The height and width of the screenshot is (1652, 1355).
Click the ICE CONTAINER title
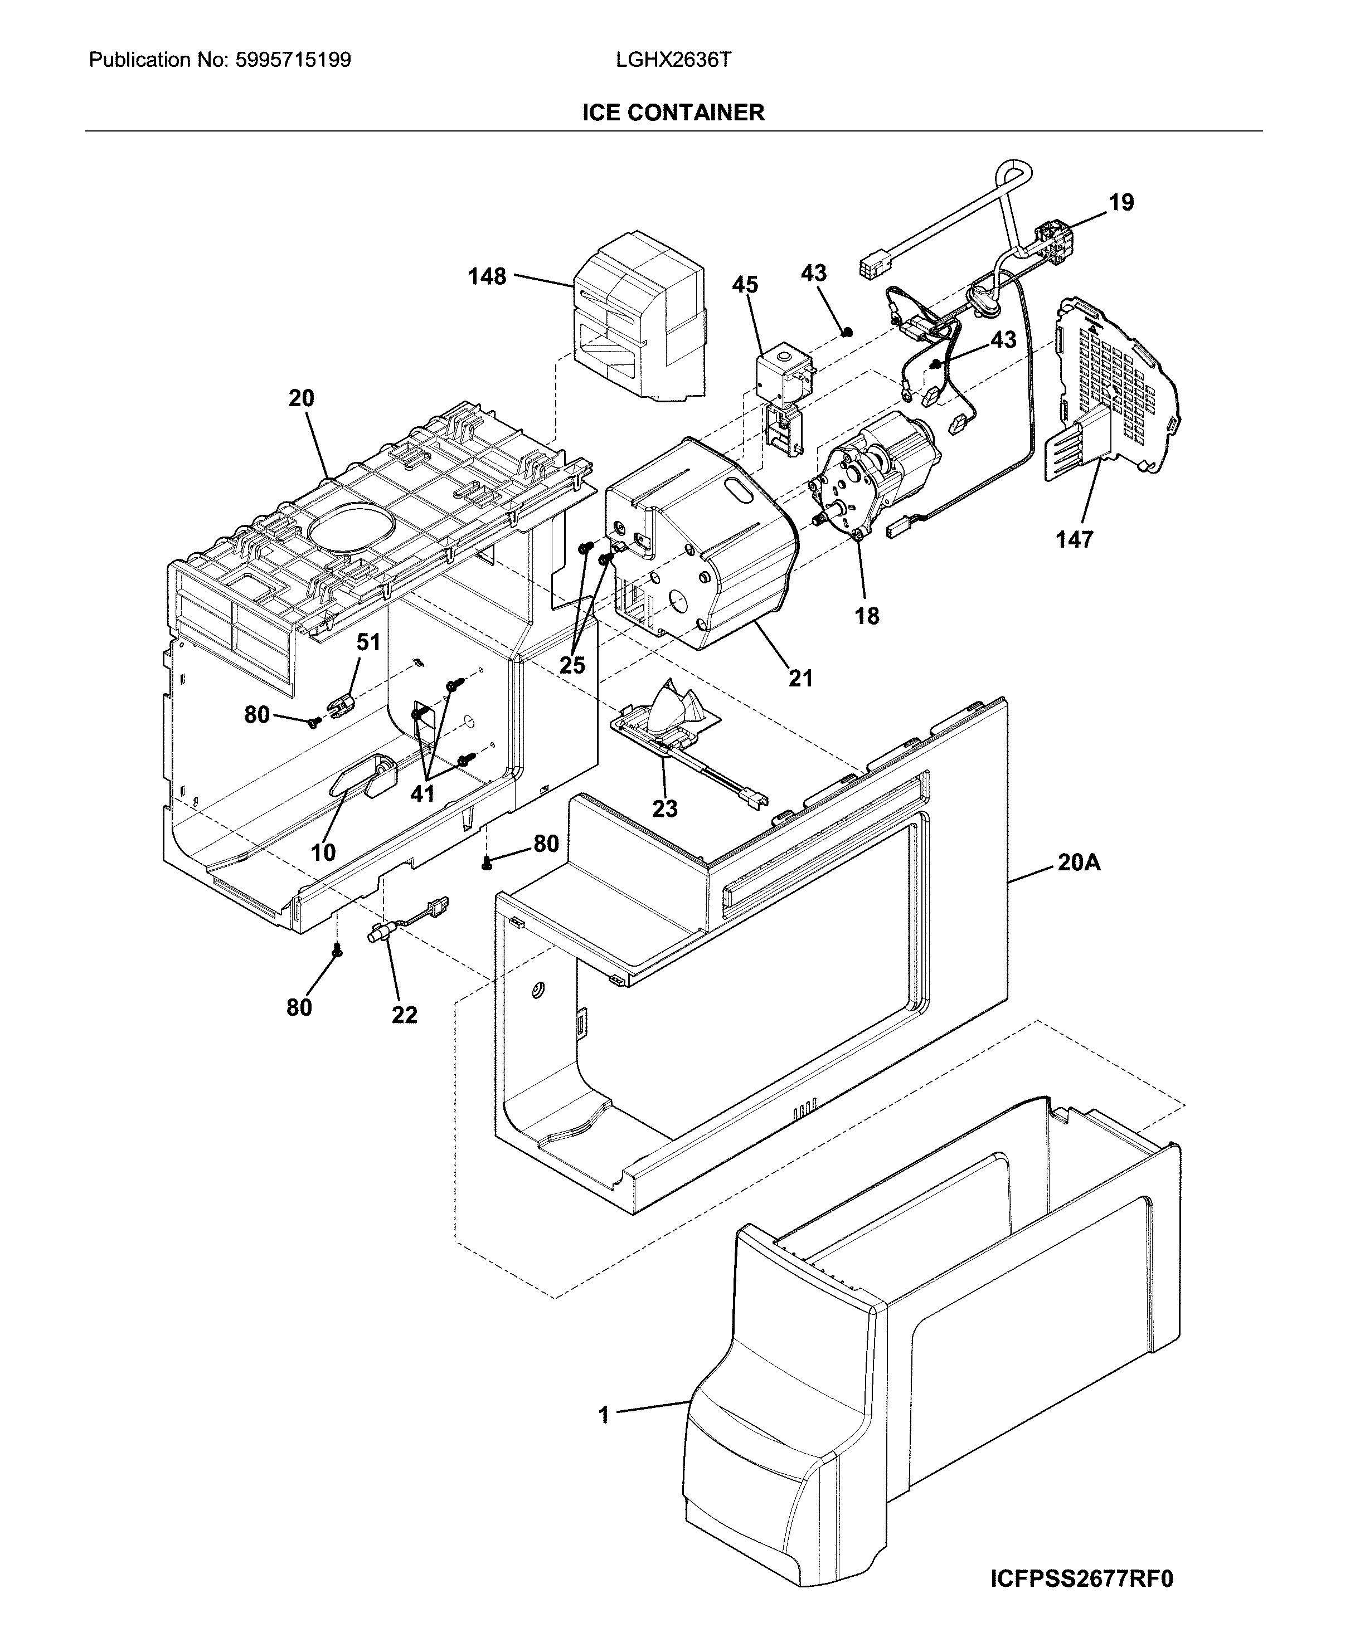click(673, 113)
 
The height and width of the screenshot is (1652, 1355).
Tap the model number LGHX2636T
click(673, 60)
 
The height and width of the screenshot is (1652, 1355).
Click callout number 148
click(487, 276)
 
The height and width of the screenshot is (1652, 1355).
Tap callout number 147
click(1074, 539)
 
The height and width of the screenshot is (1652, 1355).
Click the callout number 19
click(1121, 203)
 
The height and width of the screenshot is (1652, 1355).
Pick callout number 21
click(800, 678)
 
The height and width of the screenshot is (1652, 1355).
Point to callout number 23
click(664, 808)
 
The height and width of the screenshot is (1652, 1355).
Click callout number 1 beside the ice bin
click(603, 1415)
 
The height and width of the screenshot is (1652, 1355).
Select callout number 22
click(404, 1015)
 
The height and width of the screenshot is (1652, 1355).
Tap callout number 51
click(368, 642)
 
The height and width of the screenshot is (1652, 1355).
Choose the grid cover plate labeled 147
click(1116, 390)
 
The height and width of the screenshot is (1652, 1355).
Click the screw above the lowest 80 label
click(337, 949)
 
